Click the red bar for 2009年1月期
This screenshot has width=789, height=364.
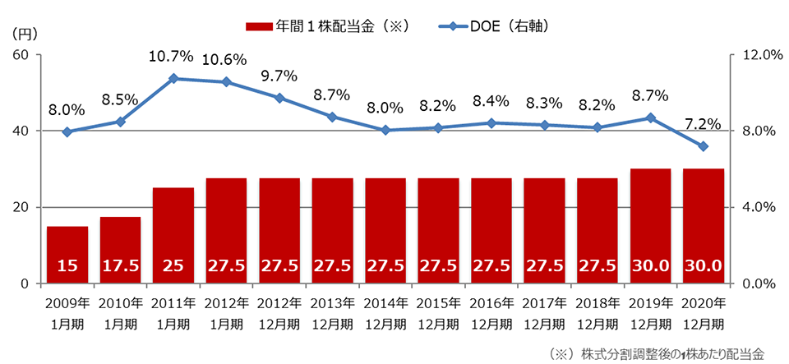(67, 255)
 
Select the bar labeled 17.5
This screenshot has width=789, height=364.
(120, 250)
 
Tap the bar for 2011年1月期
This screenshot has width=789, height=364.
(173, 235)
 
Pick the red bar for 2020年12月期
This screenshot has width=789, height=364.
(704, 226)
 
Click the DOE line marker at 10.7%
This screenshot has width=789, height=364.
(173, 79)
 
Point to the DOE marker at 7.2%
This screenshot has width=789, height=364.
(704, 146)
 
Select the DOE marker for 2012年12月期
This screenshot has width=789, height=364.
(279, 98)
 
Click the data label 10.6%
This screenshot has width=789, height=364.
(226, 59)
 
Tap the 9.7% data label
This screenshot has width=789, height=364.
(279, 76)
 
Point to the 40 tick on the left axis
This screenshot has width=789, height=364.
(21, 131)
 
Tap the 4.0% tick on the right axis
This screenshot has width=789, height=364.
(754, 207)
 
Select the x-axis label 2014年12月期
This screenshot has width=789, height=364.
(385, 313)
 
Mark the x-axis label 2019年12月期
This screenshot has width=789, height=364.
(650, 313)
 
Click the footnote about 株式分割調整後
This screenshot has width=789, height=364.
(655, 354)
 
